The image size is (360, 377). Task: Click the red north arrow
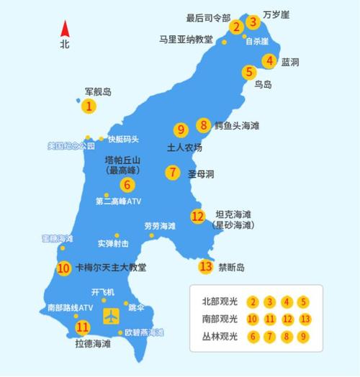coord(65,29)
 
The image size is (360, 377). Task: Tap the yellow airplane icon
coord(112,314)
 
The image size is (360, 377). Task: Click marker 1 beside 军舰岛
coord(89,106)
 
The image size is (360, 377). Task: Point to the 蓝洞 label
coord(290,62)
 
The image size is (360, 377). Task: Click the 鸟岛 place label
coord(263,85)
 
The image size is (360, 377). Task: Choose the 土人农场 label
coord(185,147)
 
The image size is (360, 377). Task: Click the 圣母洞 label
coord(202,173)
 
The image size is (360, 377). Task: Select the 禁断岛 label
coord(232,267)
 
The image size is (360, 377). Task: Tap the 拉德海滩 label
coord(94,344)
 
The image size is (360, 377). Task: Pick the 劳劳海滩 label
coord(159,226)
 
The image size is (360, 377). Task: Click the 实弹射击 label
coord(114,243)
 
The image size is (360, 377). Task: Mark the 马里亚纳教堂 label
coord(186,40)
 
